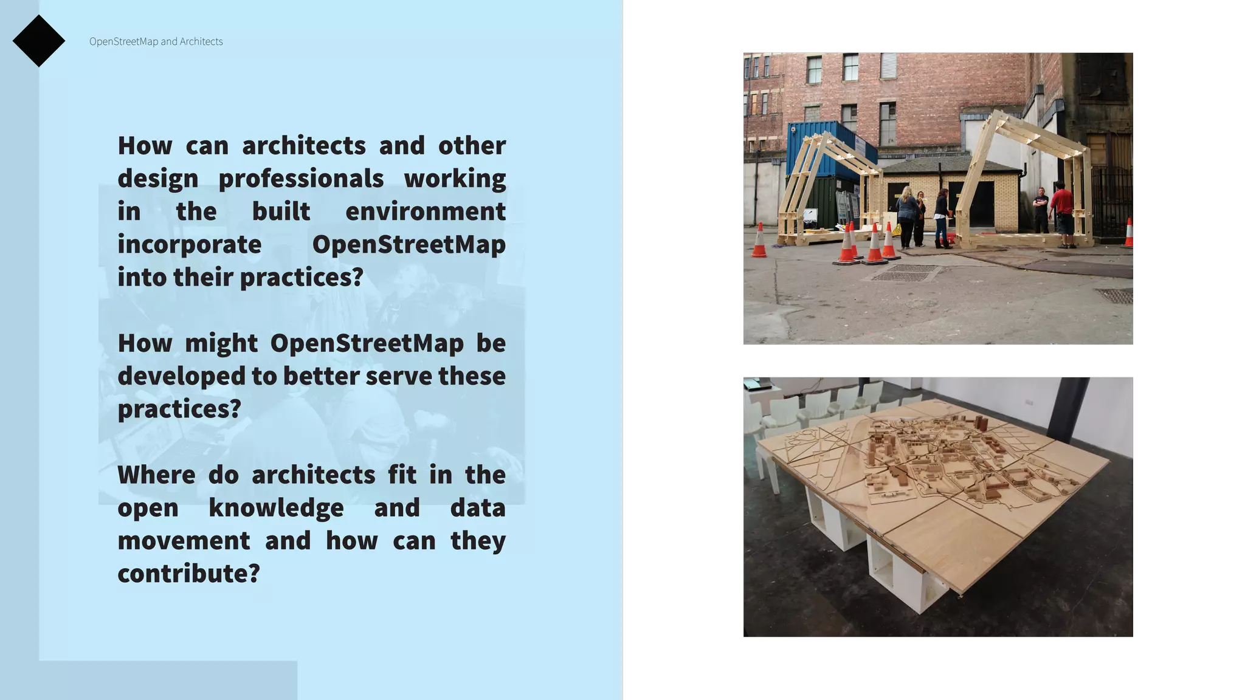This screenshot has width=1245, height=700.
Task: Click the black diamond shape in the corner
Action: click(x=39, y=41)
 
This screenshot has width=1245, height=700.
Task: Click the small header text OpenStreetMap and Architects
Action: click(x=156, y=41)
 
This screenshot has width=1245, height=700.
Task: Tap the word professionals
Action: click(x=301, y=179)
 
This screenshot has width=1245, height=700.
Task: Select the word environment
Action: click(x=425, y=211)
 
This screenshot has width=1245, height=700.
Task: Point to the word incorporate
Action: click(x=189, y=244)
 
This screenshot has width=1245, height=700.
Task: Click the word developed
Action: click(x=181, y=376)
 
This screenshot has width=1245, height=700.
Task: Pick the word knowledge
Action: click(x=275, y=508)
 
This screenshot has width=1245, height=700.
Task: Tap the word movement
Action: click(x=184, y=541)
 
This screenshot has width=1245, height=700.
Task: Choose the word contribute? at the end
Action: click(x=188, y=574)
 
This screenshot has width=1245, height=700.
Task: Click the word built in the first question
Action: click(x=281, y=211)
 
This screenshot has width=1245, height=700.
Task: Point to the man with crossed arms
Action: click(x=1041, y=210)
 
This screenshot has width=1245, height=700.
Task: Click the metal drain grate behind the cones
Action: click(x=906, y=273)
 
